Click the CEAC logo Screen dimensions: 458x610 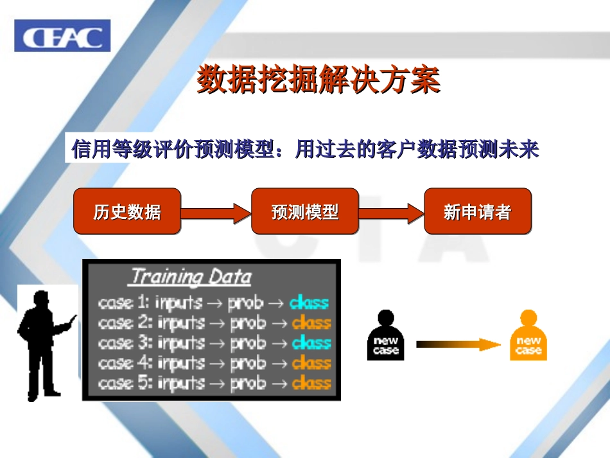62,36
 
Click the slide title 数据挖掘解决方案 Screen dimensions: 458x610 318,80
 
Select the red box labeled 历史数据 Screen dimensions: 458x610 127,211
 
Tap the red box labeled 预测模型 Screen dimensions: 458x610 304,211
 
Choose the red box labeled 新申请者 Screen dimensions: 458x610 477,211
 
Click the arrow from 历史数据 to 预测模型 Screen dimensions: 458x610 215,212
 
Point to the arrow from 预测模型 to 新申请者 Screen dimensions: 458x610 390,212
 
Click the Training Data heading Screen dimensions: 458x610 191,277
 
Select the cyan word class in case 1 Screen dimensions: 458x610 309,302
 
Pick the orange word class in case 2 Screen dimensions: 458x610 311,322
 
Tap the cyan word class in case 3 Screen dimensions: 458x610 311,342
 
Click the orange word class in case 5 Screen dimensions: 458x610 311,383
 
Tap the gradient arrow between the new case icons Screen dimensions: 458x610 457,344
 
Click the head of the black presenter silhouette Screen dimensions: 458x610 40,301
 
